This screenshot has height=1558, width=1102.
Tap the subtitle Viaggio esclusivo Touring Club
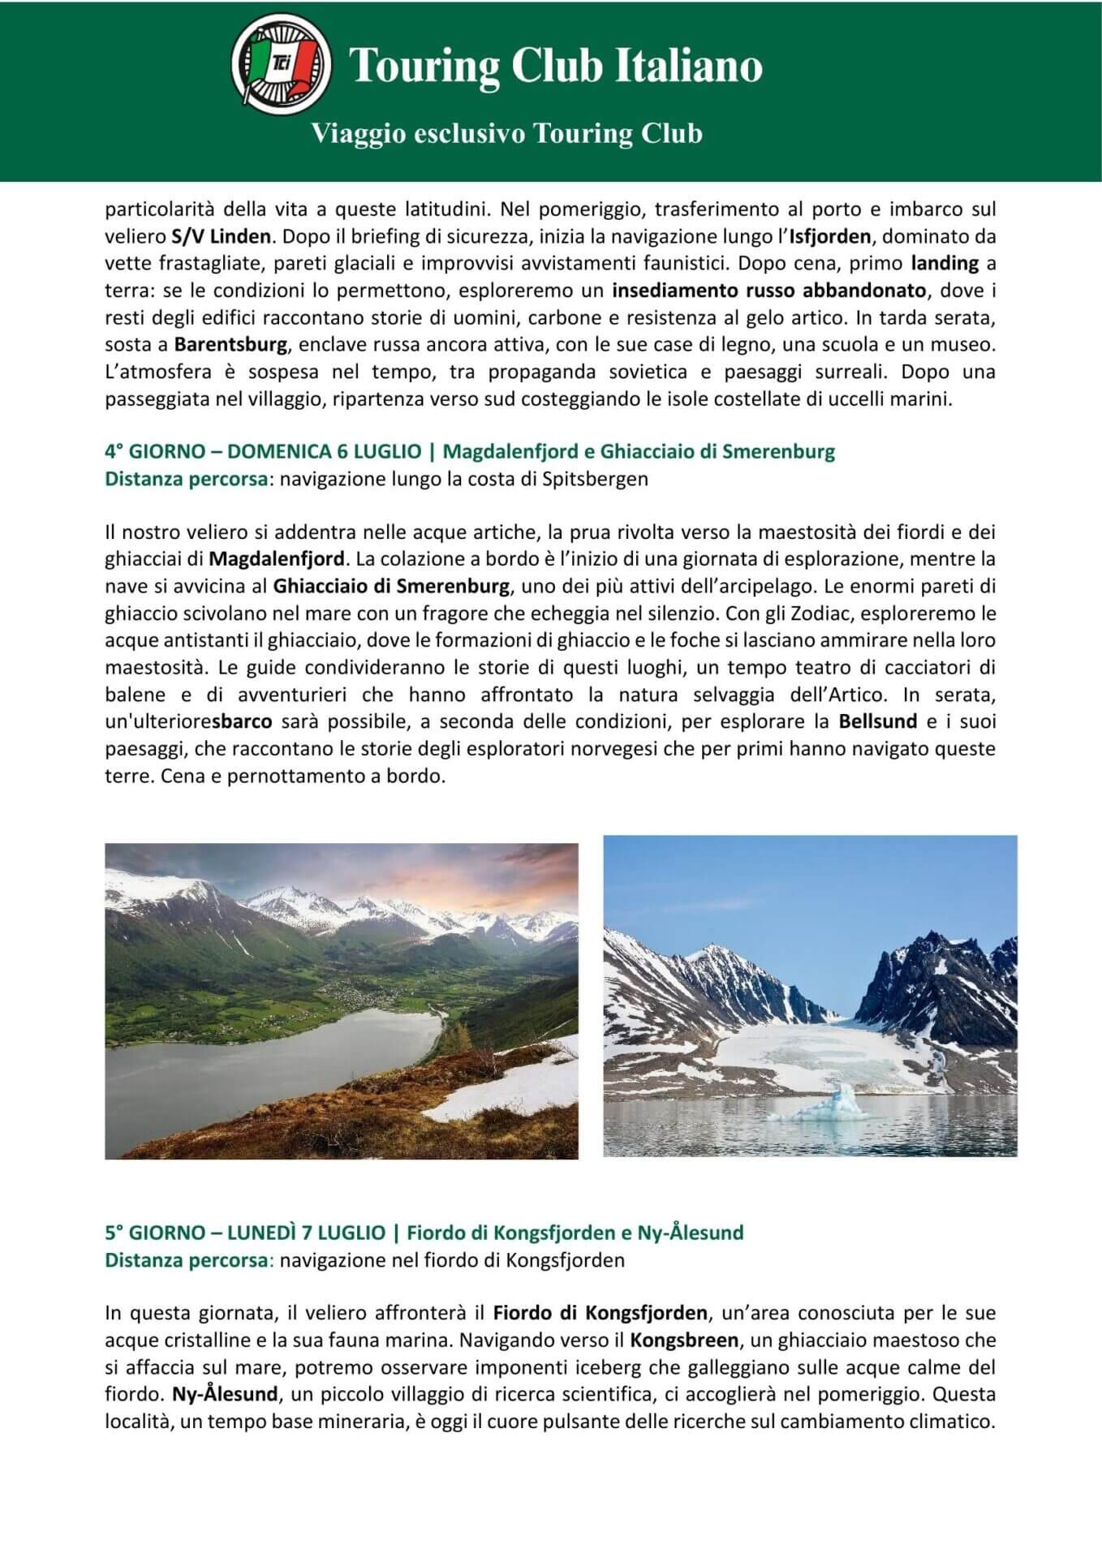507,133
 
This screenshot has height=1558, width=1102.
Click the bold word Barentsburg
230,345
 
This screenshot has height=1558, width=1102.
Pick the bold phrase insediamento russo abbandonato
768,291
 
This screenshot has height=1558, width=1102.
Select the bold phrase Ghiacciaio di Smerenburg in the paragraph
391,586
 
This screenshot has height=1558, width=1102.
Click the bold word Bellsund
878,721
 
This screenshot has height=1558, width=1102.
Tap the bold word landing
945,264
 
